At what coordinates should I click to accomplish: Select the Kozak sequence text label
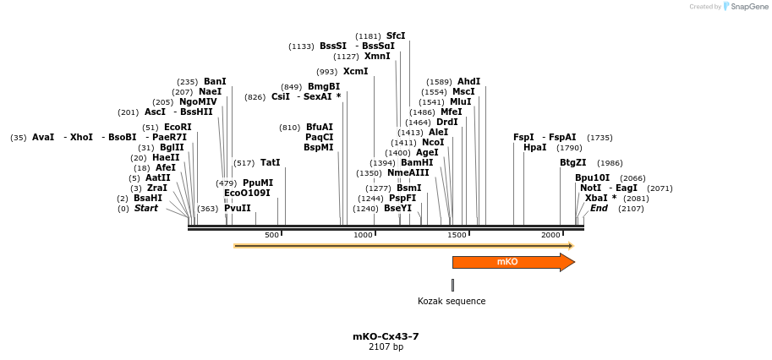click(452, 301)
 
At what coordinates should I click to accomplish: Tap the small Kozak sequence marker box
click(452, 285)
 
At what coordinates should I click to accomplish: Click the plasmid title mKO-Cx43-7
click(386, 336)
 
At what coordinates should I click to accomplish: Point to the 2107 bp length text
click(386, 346)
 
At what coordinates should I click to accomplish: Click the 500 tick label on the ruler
click(271, 235)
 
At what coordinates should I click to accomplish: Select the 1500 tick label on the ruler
click(457, 235)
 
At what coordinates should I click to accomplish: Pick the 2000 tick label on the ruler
click(550, 235)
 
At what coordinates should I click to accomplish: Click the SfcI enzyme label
click(396, 36)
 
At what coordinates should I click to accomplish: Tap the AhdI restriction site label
click(468, 82)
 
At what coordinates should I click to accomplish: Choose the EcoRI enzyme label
click(178, 127)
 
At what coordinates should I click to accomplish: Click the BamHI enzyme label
click(417, 163)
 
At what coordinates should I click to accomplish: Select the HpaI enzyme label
click(534, 147)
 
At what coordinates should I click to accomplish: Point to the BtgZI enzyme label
click(572, 163)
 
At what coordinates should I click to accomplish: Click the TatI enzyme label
click(270, 163)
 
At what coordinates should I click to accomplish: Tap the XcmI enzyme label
click(355, 72)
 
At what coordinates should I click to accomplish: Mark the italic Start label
click(145, 209)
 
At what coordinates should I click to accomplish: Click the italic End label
click(599, 209)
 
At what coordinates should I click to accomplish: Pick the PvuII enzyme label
click(237, 209)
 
